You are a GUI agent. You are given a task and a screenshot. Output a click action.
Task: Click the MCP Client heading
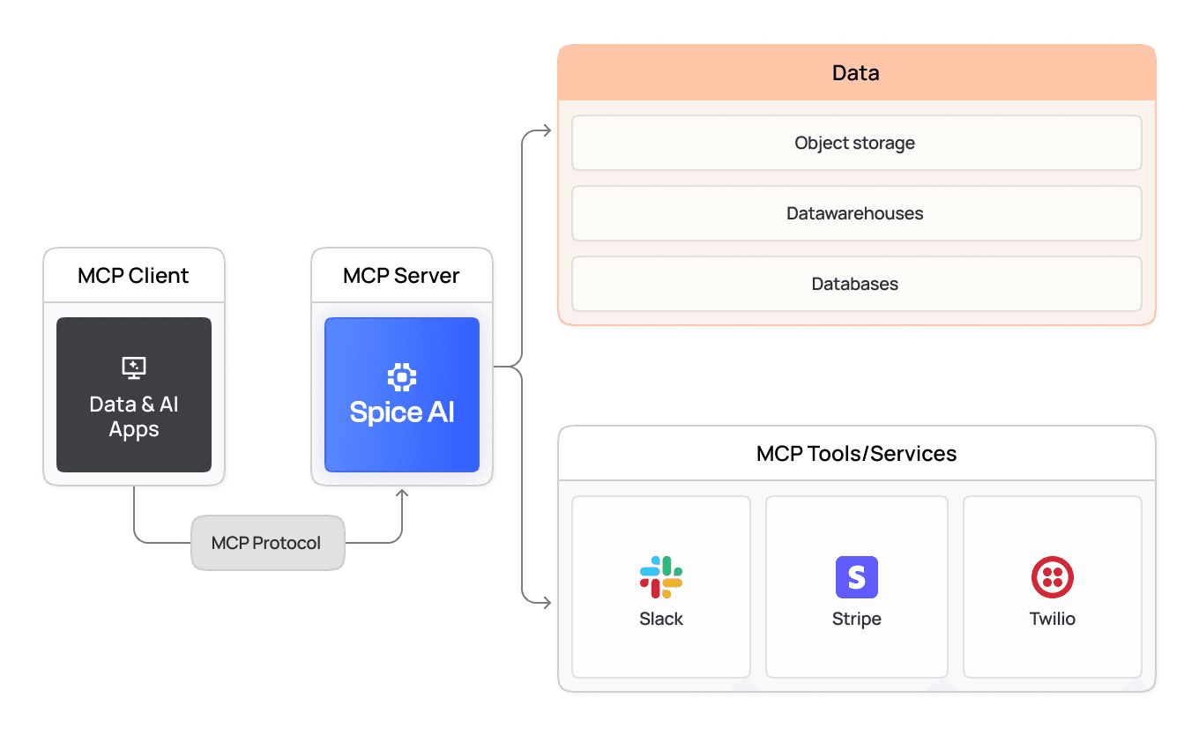tap(133, 275)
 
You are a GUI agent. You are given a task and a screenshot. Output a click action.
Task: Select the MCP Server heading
tap(401, 275)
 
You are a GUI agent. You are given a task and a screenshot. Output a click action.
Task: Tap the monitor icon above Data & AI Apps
tap(134, 367)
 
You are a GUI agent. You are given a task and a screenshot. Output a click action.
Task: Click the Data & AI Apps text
tap(134, 417)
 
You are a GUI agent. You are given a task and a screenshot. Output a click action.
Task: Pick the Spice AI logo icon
tap(402, 377)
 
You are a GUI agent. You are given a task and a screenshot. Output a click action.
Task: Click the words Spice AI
tap(402, 412)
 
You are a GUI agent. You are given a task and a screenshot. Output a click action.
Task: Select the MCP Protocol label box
tap(267, 543)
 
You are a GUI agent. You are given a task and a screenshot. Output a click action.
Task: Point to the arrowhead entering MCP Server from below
tap(403, 494)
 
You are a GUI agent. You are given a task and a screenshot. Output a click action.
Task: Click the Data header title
tap(855, 72)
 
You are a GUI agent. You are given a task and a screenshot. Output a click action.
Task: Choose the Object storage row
tap(855, 143)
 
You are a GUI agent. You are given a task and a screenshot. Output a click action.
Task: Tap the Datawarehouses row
tap(855, 213)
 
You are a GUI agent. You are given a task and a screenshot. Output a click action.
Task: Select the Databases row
tap(855, 284)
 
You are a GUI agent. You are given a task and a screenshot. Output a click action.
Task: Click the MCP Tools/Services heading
tap(856, 454)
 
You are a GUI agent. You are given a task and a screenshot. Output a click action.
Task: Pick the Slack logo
tap(661, 577)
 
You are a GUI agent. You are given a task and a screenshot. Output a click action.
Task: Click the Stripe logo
tap(857, 577)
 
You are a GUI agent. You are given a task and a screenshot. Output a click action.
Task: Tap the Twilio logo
tap(1052, 577)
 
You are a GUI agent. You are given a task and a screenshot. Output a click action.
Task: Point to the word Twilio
tap(1052, 619)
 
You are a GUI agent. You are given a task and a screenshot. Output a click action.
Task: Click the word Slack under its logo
tap(661, 619)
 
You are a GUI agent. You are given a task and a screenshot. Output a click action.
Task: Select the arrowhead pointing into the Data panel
tap(547, 131)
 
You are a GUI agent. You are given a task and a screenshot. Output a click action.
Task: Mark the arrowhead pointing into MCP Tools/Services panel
tap(547, 604)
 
